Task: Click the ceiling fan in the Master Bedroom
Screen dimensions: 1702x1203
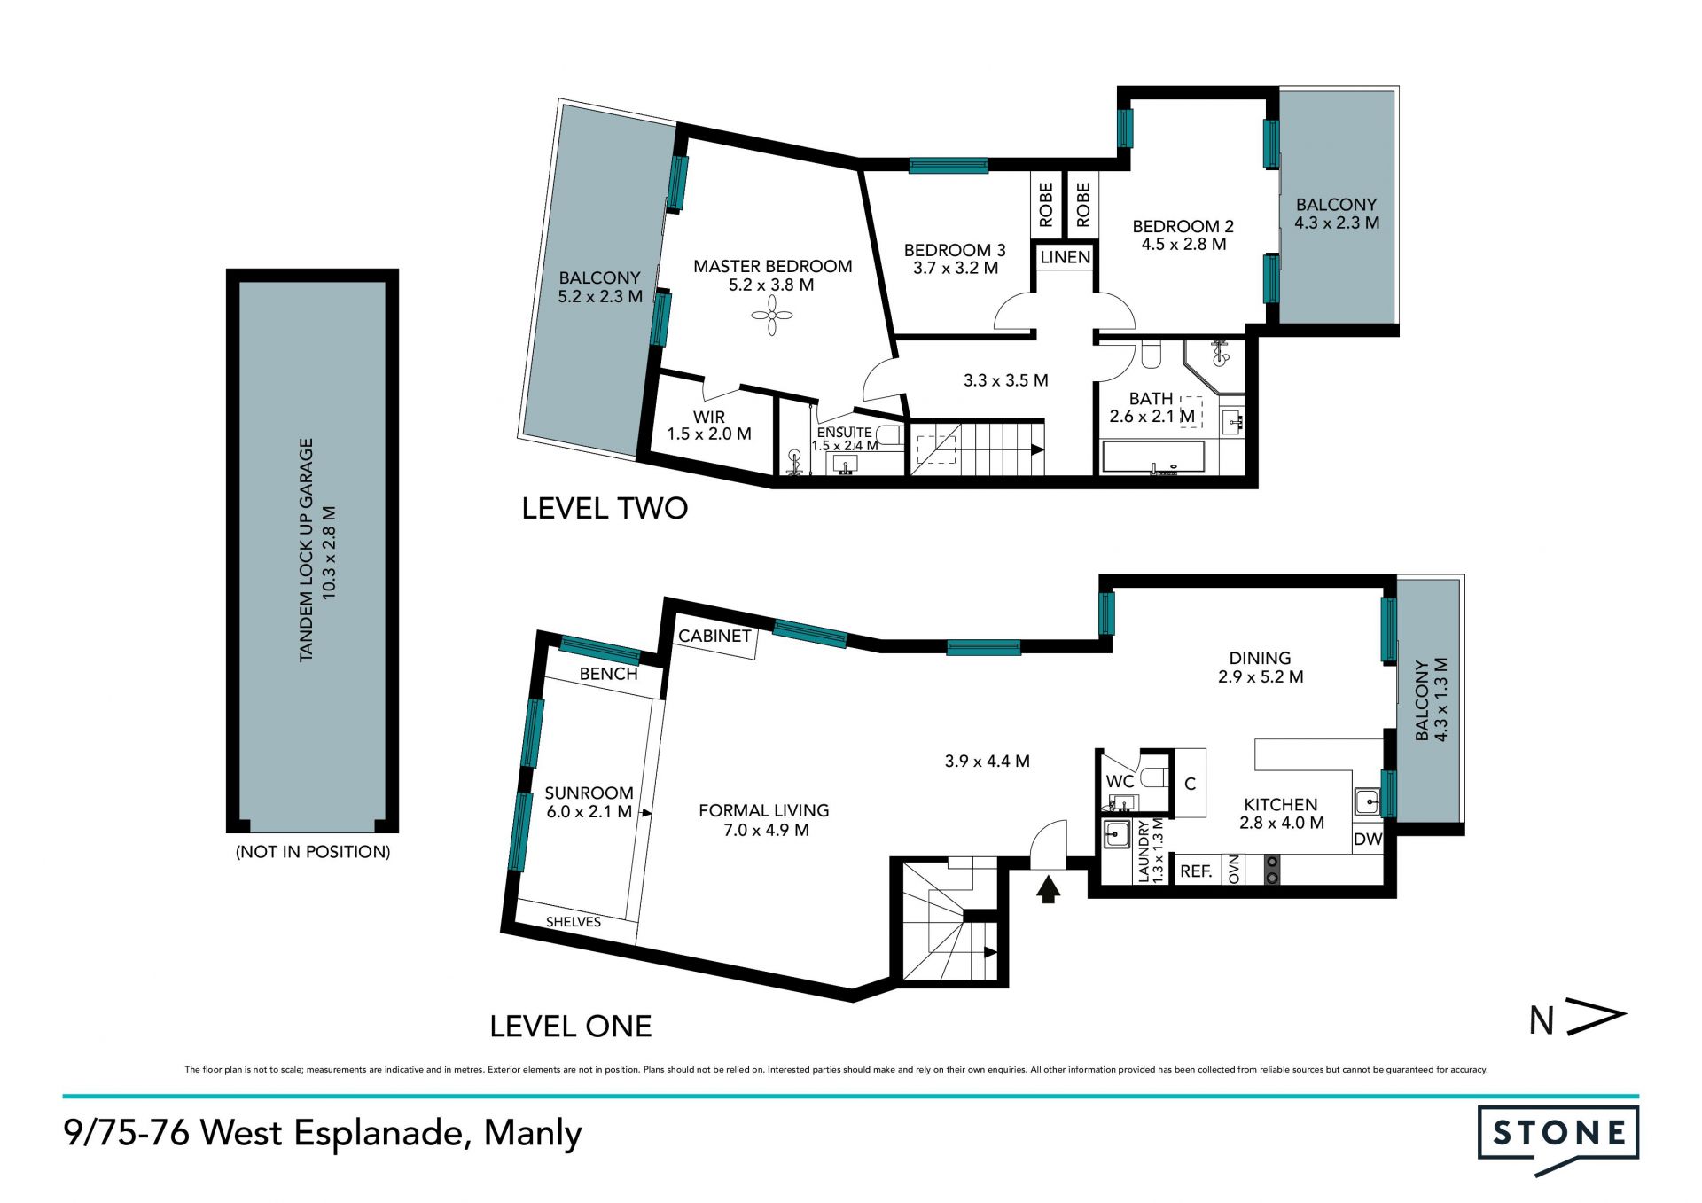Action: (772, 315)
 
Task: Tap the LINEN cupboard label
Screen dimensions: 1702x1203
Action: (1065, 257)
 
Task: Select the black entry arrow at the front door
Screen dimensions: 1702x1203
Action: (1049, 889)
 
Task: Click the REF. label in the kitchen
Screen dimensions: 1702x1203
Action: (1196, 871)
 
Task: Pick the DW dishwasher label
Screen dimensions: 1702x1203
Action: (1368, 839)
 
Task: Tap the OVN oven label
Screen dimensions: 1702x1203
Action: (1233, 870)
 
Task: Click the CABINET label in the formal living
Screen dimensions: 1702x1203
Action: (714, 636)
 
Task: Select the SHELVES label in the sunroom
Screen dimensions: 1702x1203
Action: (574, 922)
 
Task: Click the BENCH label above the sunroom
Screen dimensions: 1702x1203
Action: (608, 674)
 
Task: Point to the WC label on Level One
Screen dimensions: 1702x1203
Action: (1120, 782)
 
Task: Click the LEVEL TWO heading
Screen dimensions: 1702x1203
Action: (605, 508)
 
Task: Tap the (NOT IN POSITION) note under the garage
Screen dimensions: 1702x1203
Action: (313, 852)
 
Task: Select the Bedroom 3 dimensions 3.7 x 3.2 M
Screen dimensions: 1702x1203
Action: (956, 268)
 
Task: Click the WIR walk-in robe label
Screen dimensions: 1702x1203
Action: (709, 417)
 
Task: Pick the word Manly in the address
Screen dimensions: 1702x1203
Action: (533, 1134)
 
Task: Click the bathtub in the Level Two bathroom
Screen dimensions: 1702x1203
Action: (1153, 457)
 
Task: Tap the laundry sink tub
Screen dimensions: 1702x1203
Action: (1115, 834)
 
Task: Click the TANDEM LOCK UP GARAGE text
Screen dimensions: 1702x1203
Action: (307, 550)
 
